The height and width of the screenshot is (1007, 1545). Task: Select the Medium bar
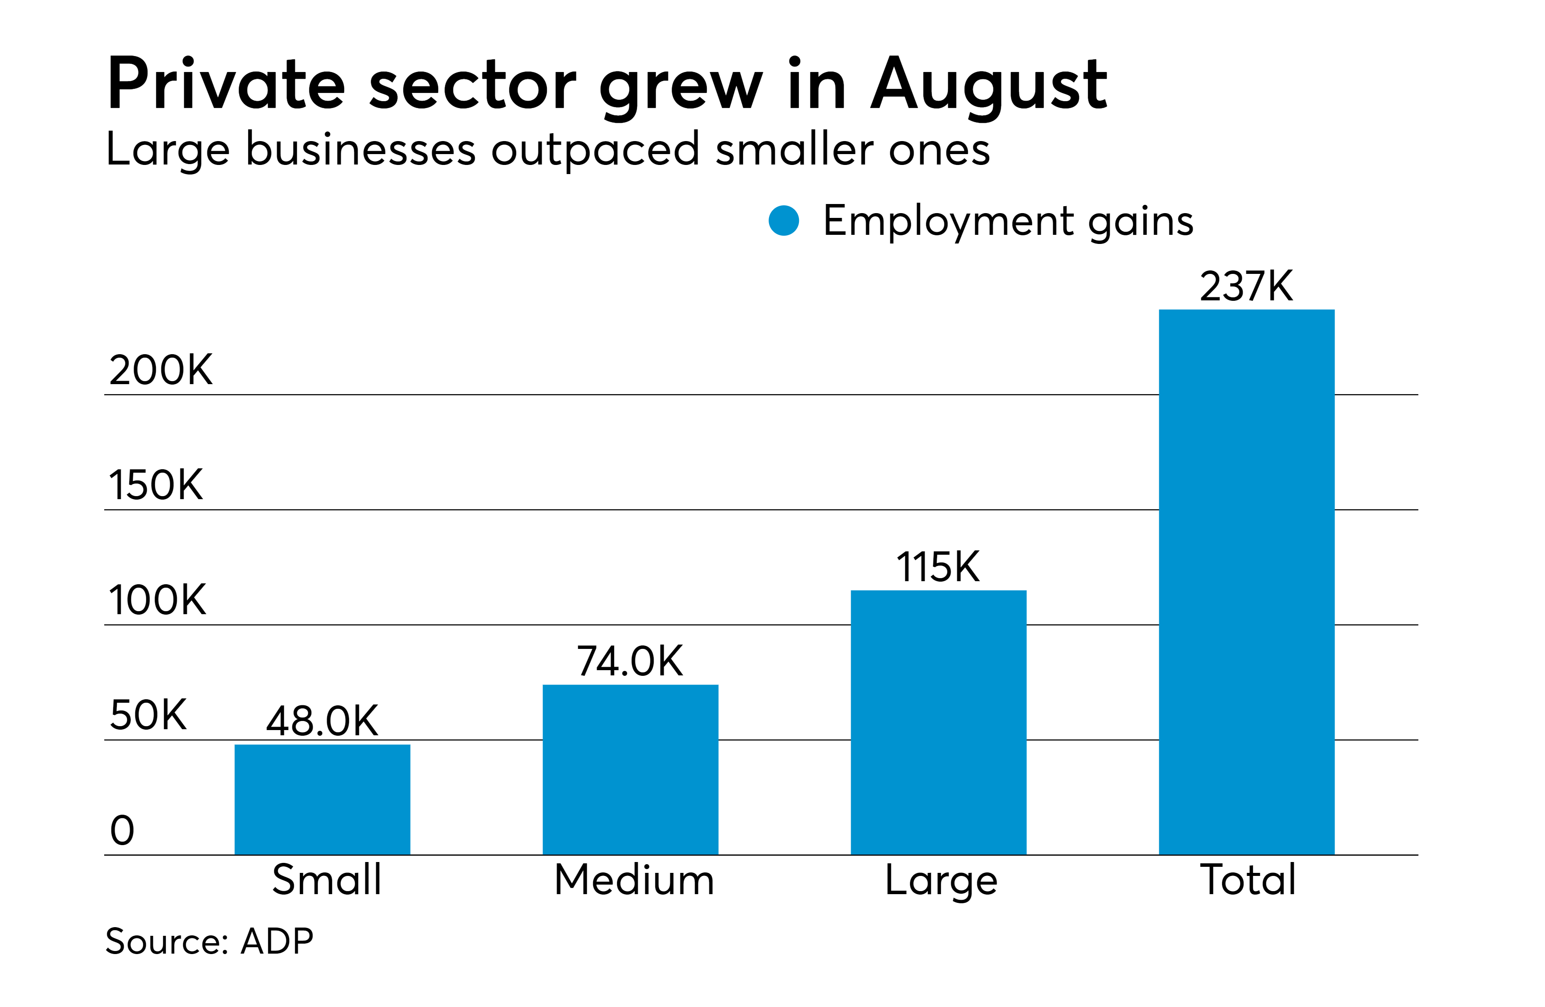[x=630, y=770]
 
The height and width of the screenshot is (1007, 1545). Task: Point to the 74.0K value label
[x=630, y=661]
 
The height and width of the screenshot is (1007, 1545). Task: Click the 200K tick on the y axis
[x=161, y=370]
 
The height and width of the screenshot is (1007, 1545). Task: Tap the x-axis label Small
[x=326, y=880]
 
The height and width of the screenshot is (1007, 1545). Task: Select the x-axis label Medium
[x=634, y=880]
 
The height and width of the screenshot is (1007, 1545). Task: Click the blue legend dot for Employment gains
[x=783, y=221]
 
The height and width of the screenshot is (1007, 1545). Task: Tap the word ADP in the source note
[x=277, y=941]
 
